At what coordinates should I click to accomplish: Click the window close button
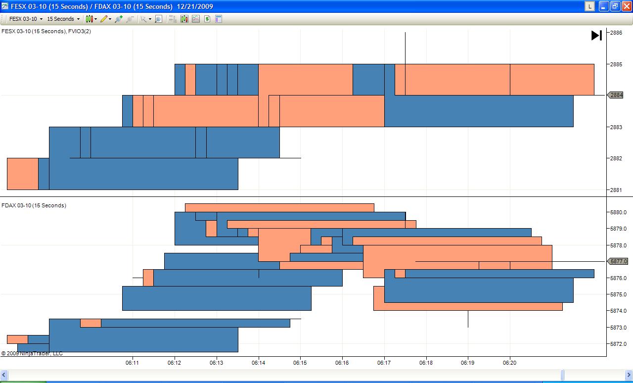coord(626,6)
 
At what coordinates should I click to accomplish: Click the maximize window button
coord(615,6)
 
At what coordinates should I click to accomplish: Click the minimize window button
coord(604,6)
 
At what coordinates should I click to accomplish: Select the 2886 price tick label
coord(616,33)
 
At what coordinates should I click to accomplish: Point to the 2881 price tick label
coord(616,190)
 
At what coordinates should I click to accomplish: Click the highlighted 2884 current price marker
coord(616,95)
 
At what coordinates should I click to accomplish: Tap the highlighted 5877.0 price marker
coord(618,261)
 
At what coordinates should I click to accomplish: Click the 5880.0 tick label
coord(619,212)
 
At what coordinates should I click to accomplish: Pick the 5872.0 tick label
coord(619,344)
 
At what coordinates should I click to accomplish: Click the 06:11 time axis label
coord(133,363)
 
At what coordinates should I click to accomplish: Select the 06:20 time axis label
coord(510,363)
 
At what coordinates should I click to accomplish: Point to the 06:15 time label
coord(301,363)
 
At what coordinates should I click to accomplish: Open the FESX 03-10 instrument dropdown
coord(26,19)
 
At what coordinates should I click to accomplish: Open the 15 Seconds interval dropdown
coord(63,19)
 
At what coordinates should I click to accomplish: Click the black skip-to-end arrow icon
coord(596,35)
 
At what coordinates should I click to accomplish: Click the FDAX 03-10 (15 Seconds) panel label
coord(34,205)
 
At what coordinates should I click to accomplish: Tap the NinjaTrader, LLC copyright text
coord(32,353)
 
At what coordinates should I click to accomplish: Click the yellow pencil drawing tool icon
coord(104,19)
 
